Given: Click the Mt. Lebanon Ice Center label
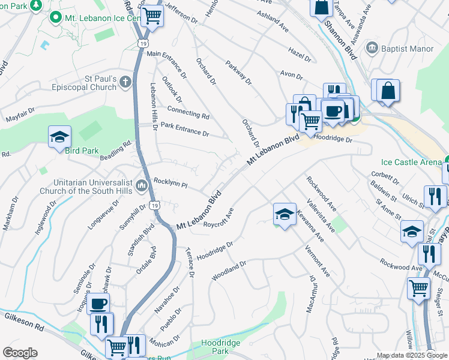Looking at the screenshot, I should click(102, 19).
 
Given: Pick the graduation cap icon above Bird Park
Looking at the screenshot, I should click(60, 137).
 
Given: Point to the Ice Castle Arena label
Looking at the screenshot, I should click(411, 162).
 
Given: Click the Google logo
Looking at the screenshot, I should click(19, 353).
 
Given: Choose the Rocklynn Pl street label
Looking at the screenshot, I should click(172, 182).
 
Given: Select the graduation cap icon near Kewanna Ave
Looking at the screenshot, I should click(285, 214).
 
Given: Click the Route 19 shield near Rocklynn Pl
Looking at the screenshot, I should click(154, 205).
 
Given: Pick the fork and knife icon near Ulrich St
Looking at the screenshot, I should click(435, 196).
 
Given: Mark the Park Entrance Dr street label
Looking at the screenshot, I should click(185, 129).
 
